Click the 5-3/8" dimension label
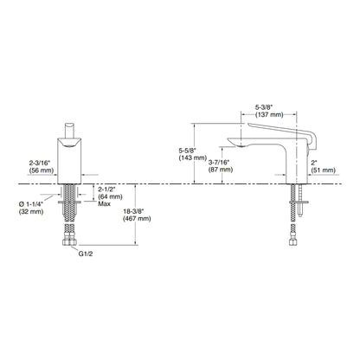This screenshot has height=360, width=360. (x=264, y=107)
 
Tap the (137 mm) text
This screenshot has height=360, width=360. (x=269, y=114)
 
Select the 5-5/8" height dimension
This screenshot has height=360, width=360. (x=187, y=151)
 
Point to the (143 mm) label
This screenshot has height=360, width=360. (x=191, y=157)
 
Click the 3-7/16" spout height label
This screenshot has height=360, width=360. (x=219, y=163)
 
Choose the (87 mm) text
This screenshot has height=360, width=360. (x=221, y=170)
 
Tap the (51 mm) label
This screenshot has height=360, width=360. (x=324, y=170)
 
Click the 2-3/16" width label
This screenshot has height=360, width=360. (x=40, y=164)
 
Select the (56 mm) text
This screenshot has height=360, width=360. (x=42, y=170)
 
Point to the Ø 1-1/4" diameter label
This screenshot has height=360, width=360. (x=31, y=204)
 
